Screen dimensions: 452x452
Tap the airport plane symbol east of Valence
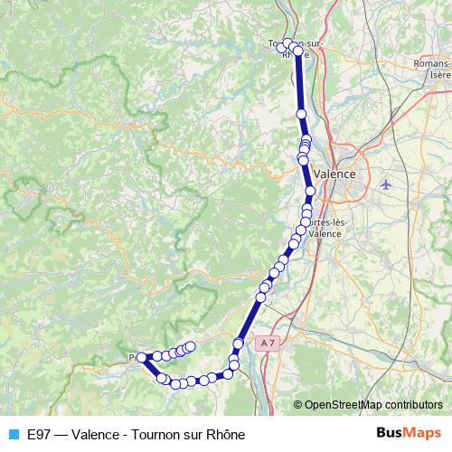coord(388,184)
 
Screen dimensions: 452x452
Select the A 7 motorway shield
coord(266,344)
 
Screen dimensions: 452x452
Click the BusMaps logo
coord(409,433)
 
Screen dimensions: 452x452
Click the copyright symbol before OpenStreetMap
coord(297,404)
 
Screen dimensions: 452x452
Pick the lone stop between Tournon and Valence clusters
coord(302,114)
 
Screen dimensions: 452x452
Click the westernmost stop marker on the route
coord(141,358)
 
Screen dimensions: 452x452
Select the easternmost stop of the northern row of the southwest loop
coord(191,344)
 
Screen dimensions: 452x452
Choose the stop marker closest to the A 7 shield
coord(239,344)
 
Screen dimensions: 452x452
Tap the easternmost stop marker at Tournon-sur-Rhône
coord(298,51)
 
